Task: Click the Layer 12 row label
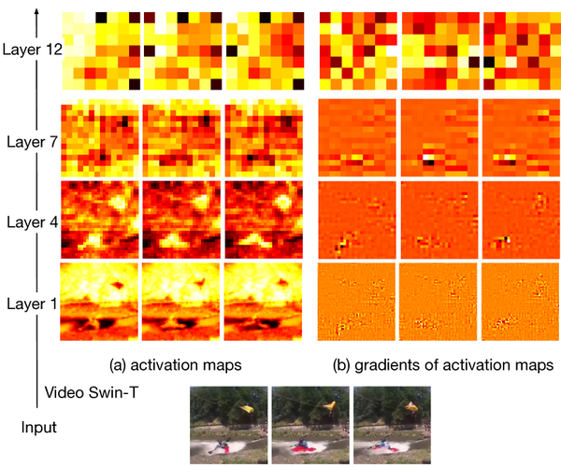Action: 33,50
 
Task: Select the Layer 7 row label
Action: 32,142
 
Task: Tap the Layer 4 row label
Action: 32,222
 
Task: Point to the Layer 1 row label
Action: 32,304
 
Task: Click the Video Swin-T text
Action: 92,392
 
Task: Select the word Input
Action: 39,428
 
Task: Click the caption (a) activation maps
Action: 176,365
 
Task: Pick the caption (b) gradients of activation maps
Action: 443,365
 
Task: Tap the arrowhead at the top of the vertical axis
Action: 36,12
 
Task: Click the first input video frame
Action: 229,425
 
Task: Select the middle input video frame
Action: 310,425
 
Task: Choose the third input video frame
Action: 393,425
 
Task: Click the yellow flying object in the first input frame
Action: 247,409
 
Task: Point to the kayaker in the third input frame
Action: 384,445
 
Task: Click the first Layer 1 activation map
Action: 99,302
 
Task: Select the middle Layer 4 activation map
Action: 181,219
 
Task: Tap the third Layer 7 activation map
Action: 264,138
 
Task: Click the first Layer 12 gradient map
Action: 358,50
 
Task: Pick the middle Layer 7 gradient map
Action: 439,138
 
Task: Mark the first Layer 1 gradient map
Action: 357,302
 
